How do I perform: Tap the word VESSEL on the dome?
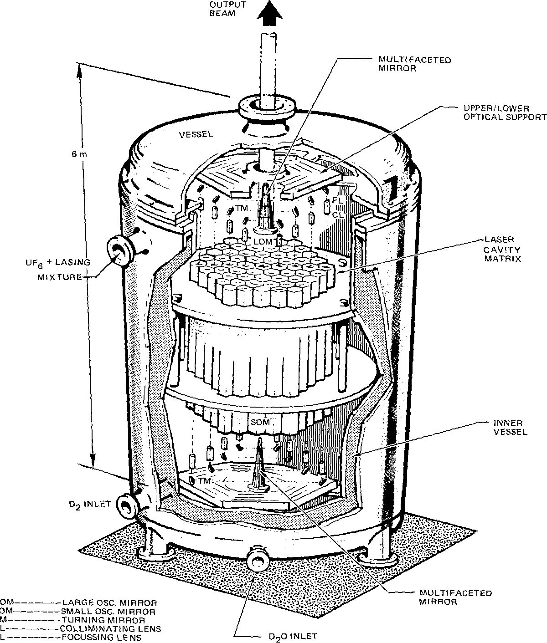pos(196,134)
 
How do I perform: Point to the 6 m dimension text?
pos(78,154)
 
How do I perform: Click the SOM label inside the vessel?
pos(260,422)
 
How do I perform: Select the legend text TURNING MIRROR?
pos(103,620)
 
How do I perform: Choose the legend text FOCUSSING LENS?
pos(102,637)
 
